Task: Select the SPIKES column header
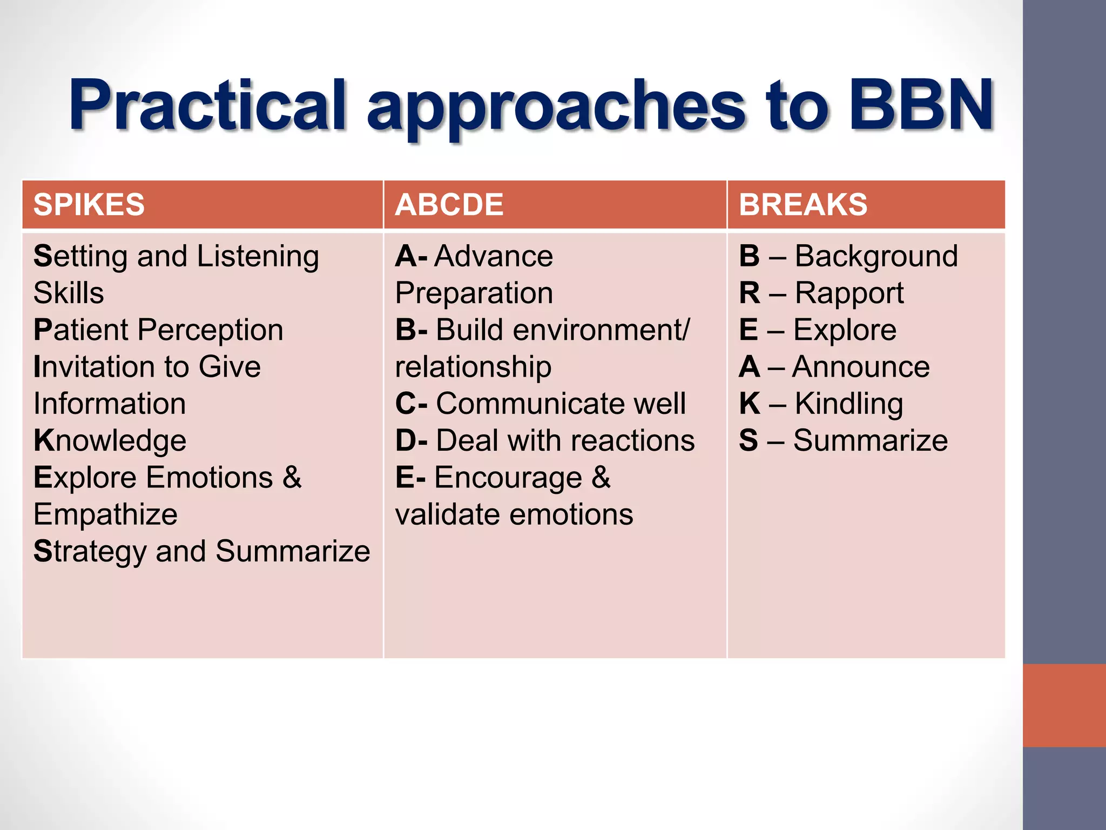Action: tap(89, 205)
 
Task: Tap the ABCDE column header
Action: tap(449, 205)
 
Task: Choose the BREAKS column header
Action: tap(803, 205)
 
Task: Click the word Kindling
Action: tap(849, 404)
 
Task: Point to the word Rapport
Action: tap(849, 293)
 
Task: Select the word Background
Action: tap(876, 256)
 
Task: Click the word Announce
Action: tap(861, 367)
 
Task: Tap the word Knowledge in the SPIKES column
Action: tap(110, 441)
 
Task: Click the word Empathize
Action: tap(105, 514)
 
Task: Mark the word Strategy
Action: tap(90, 552)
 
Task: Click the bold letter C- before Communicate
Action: tap(411, 404)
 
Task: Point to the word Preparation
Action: tap(474, 293)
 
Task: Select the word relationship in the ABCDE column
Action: tap(473, 367)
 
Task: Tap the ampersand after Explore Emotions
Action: tap(292, 478)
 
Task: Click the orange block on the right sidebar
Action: tap(1064, 705)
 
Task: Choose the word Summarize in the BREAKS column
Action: tap(870, 441)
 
